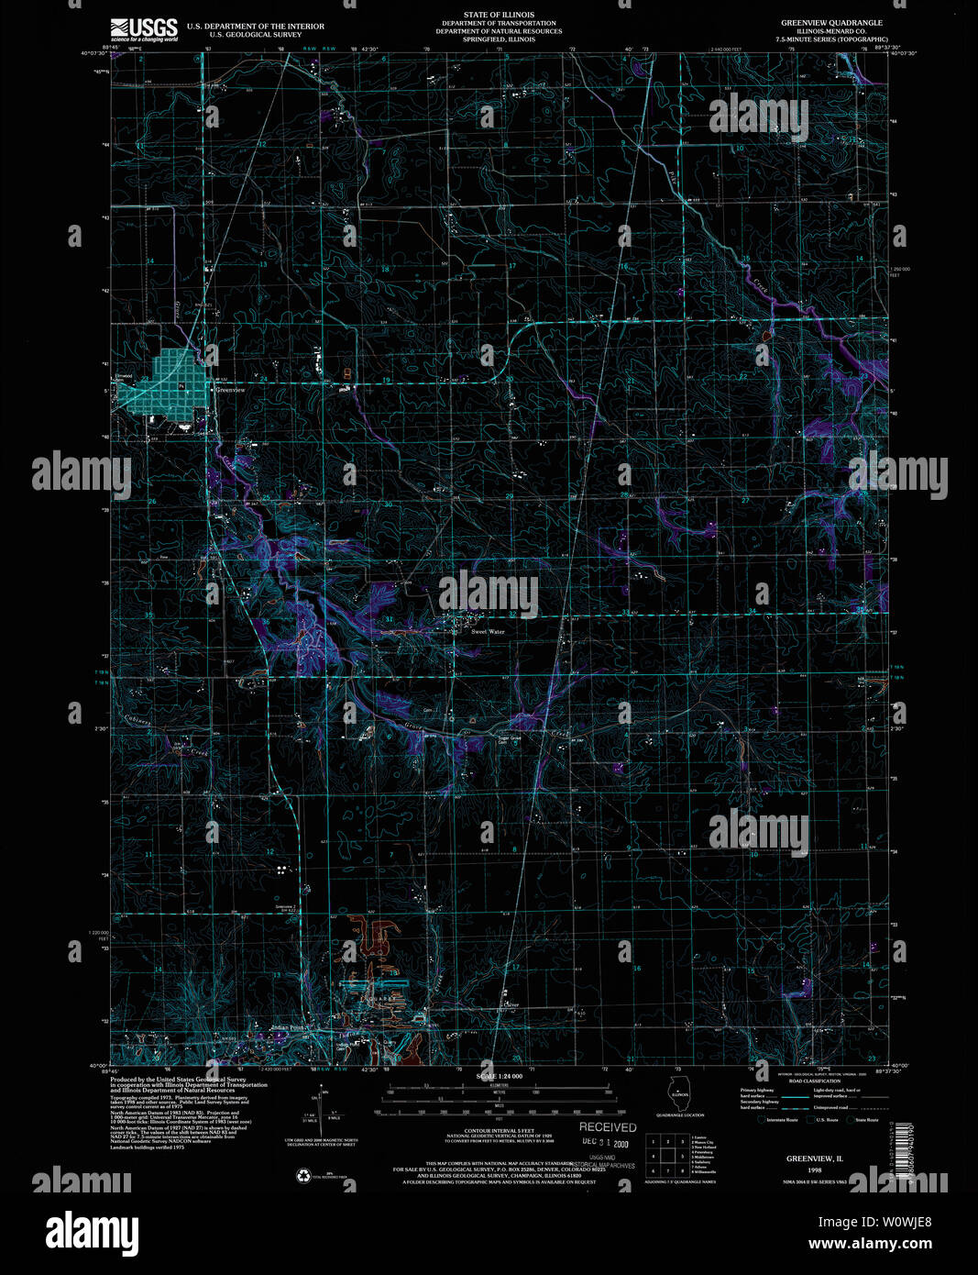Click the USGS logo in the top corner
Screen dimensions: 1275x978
(143, 29)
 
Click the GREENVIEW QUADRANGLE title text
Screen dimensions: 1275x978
(831, 21)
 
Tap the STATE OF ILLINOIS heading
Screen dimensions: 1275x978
(499, 15)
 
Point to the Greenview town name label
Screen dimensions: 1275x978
(230, 390)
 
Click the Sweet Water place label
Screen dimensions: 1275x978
(488, 631)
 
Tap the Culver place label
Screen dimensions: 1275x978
(511, 1004)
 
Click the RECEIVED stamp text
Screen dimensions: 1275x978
(607, 1126)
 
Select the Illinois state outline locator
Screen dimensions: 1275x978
(680, 1097)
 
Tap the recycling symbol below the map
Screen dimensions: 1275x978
(302, 1174)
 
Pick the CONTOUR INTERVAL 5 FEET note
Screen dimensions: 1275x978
(498, 1131)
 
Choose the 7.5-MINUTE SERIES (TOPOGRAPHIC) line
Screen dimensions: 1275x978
(832, 39)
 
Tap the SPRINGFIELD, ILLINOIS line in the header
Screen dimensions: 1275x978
(498, 39)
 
